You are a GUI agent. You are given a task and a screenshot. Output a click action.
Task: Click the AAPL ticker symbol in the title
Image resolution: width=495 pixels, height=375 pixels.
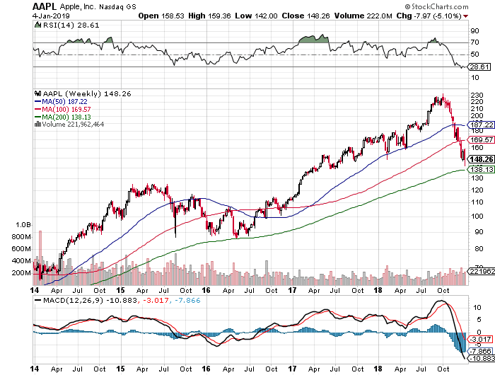click(x=45, y=6)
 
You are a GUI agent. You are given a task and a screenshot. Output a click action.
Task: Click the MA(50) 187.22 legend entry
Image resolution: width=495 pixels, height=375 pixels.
click(x=69, y=101)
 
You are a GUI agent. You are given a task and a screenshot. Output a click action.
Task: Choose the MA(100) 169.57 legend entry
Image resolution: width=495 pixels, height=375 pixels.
click(x=71, y=109)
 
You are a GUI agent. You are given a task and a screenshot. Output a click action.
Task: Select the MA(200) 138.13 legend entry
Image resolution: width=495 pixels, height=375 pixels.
click(x=71, y=117)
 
